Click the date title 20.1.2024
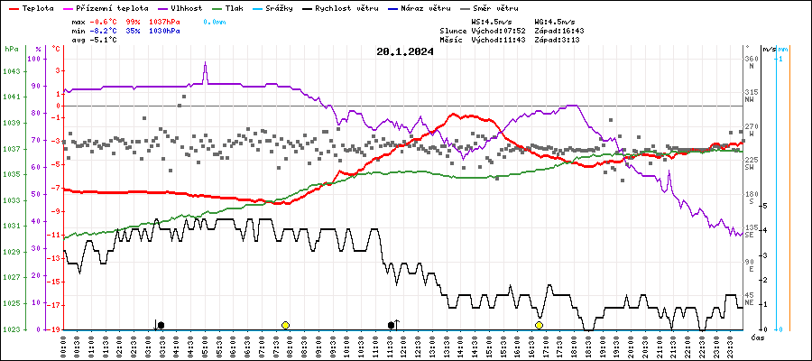(x=405, y=51)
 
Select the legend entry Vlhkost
(x=184, y=7)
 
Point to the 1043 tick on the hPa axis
(x=12, y=72)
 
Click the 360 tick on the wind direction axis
(x=751, y=60)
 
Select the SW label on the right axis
(x=749, y=168)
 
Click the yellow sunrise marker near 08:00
(x=285, y=325)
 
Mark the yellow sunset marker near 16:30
(x=539, y=325)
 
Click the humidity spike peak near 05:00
(x=205, y=64)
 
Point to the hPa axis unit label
(x=11, y=49)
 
